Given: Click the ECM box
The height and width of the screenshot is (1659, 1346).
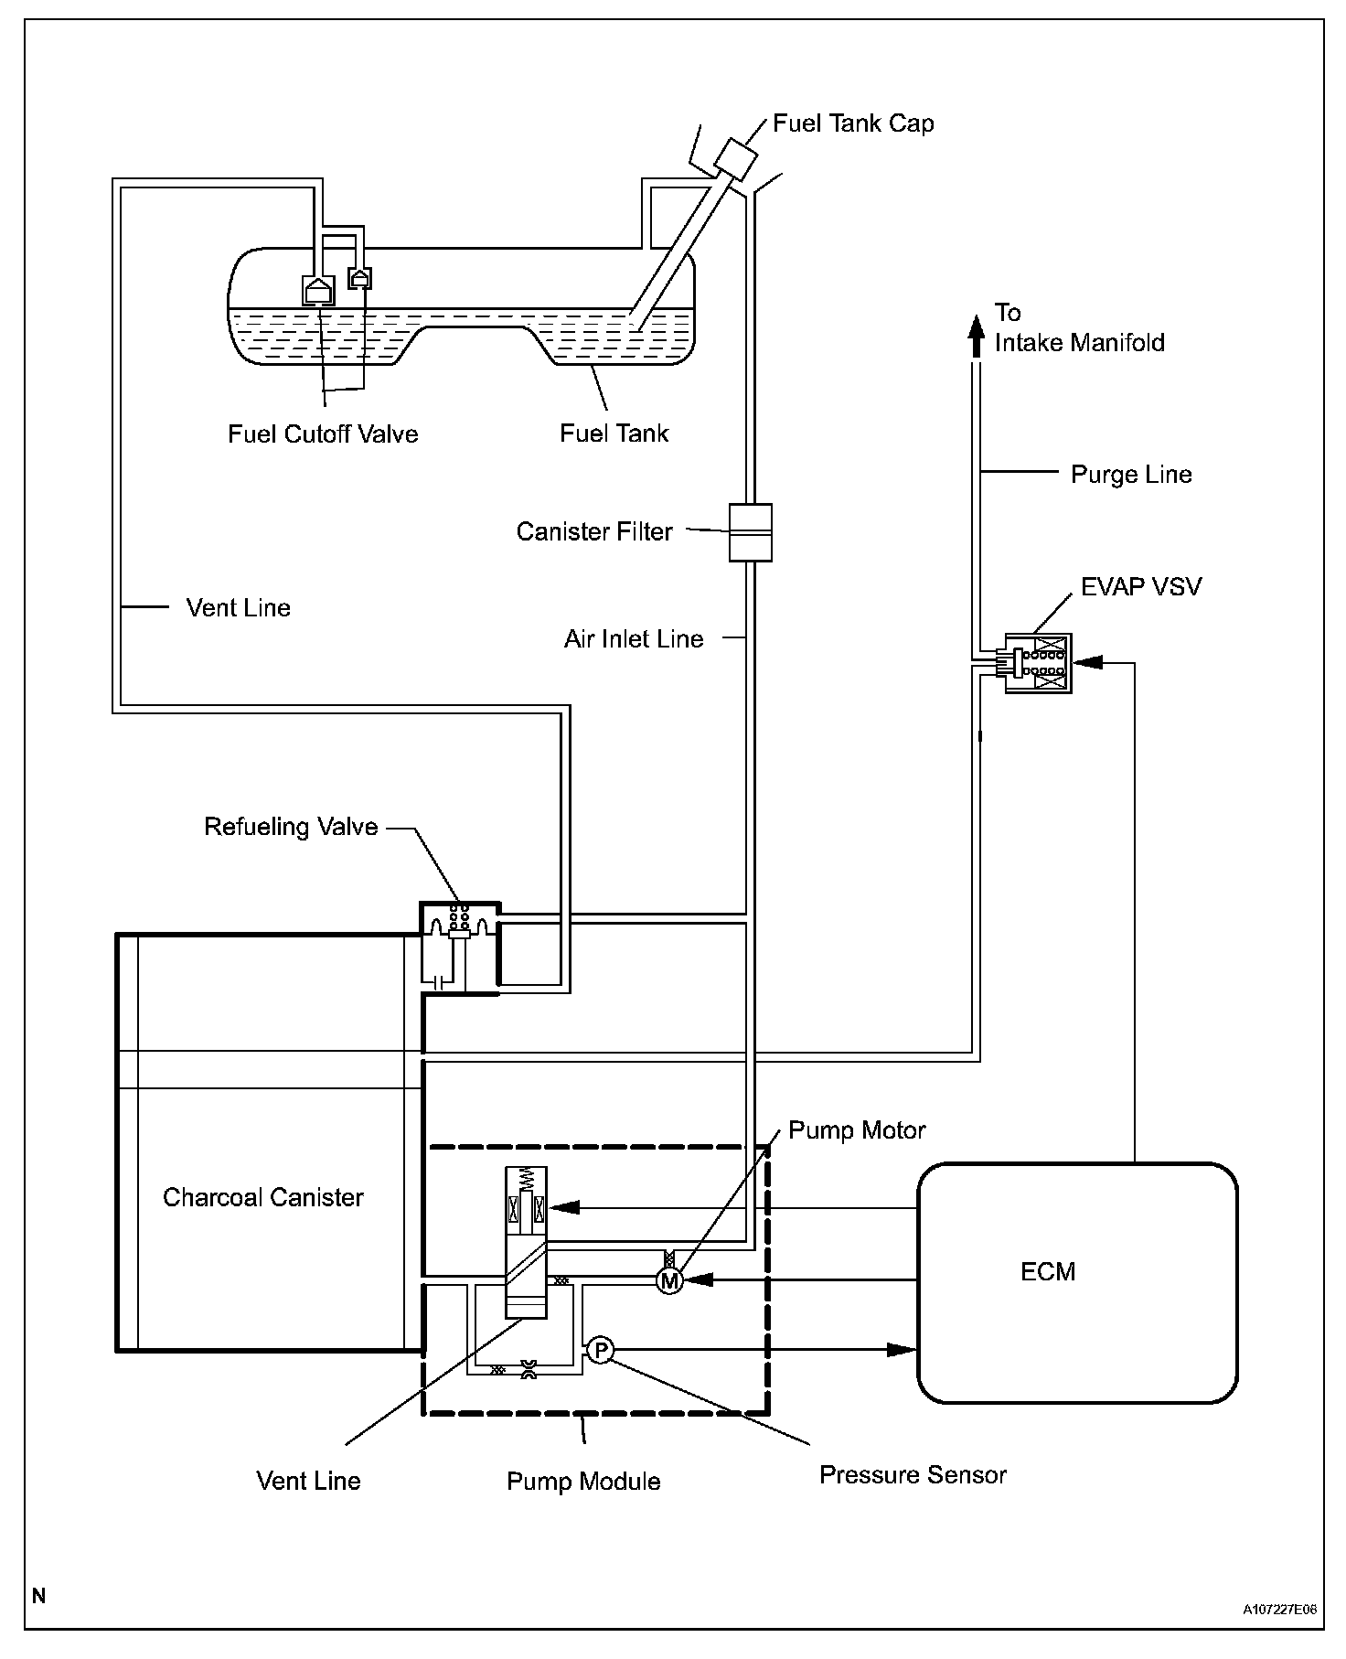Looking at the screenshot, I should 1077,1282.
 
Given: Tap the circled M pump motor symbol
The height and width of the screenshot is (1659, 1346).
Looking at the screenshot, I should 669,1281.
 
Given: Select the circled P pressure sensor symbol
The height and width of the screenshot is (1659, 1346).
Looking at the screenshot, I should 599,1350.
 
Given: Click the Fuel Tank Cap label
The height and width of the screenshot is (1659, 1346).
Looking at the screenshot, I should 853,123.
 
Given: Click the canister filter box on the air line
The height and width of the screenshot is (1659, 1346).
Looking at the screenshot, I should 750,532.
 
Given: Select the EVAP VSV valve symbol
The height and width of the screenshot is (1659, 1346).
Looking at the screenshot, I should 1037,663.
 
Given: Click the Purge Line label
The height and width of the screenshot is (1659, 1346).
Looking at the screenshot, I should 1131,475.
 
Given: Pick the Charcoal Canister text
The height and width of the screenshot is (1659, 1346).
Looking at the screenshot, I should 263,1197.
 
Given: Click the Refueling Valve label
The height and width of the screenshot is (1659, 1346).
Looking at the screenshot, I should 291,827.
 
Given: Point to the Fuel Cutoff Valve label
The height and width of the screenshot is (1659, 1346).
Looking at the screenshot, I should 323,433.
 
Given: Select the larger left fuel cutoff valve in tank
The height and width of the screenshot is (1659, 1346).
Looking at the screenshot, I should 318,290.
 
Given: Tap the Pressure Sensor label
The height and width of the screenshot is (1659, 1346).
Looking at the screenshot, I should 913,1475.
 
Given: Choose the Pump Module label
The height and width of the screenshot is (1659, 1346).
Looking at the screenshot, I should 583,1482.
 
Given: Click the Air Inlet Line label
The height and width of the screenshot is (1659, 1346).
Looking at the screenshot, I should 634,639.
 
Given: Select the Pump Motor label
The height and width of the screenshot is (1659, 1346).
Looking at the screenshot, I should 857,1130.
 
